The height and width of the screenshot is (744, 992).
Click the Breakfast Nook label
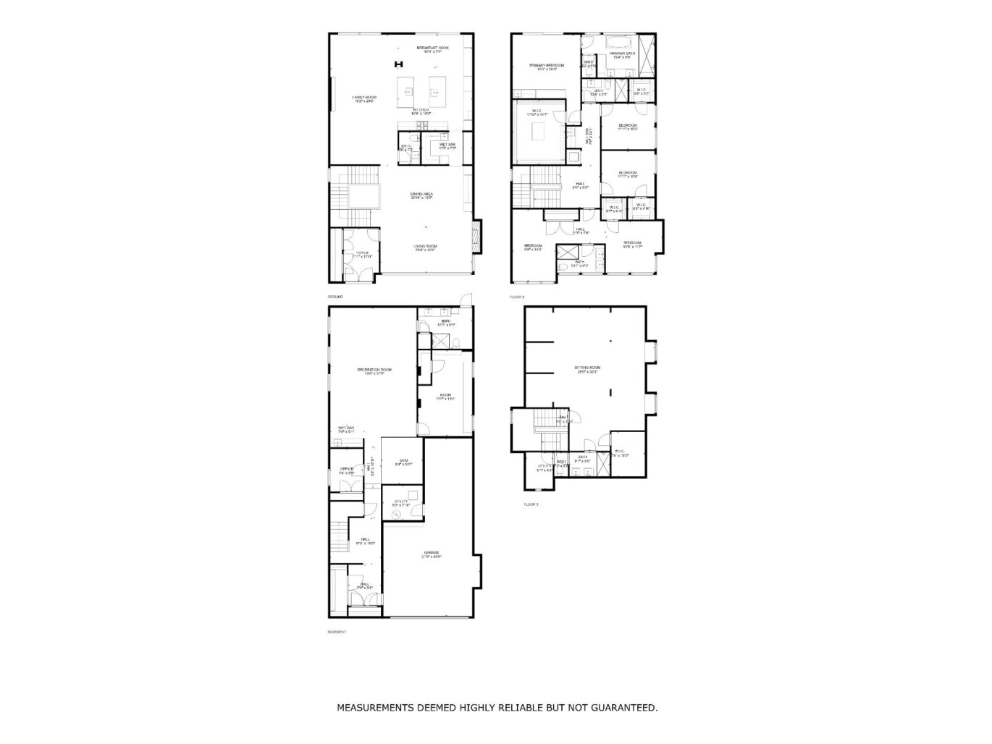pos(433,48)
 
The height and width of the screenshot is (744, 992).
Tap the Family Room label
pos(364,97)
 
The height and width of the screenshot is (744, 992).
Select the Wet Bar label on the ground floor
pos(447,144)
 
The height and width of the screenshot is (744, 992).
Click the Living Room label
pos(425,246)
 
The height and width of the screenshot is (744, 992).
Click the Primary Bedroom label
pos(547,66)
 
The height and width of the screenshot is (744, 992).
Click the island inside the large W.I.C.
pos(539,132)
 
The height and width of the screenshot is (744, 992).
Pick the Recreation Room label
pos(374,370)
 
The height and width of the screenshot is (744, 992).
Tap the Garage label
pos(432,554)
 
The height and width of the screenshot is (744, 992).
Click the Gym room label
pos(403,461)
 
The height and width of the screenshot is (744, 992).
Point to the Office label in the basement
pos(347,469)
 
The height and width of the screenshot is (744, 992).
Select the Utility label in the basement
pos(400,501)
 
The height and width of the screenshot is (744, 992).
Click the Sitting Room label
pos(587,368)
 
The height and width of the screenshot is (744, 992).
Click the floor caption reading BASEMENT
pos(337,632)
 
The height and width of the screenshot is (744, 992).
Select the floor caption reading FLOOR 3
pos(531,504)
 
